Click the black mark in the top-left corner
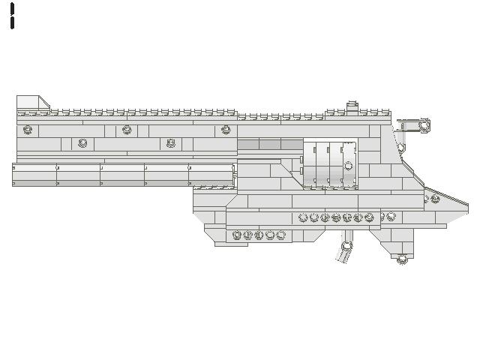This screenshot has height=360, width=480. [x=12, y=16]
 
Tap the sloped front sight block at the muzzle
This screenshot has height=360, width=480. [x=32, y=102]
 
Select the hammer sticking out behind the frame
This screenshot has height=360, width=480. [x=413, y=125]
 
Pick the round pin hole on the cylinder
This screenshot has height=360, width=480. [x=348, y=165]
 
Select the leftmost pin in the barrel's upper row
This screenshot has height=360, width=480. [x=28, y=130]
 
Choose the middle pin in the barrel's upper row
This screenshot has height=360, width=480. [x=127, y=130]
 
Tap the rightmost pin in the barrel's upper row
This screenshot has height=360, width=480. [x=226, y=130]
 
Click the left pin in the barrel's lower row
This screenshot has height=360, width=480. [x=82, y=142]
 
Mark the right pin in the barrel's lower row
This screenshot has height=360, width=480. [x=171, y=142]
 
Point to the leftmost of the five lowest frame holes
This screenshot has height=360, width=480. [x=237, y=235]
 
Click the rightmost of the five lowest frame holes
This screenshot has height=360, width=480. [x=281, y=235]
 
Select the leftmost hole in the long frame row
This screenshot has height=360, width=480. [x=303, y=217]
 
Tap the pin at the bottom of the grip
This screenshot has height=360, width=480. [x=402, y=259]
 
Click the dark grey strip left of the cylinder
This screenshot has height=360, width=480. [x=259, y=144]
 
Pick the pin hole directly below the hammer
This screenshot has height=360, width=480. [x=401, y=148]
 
